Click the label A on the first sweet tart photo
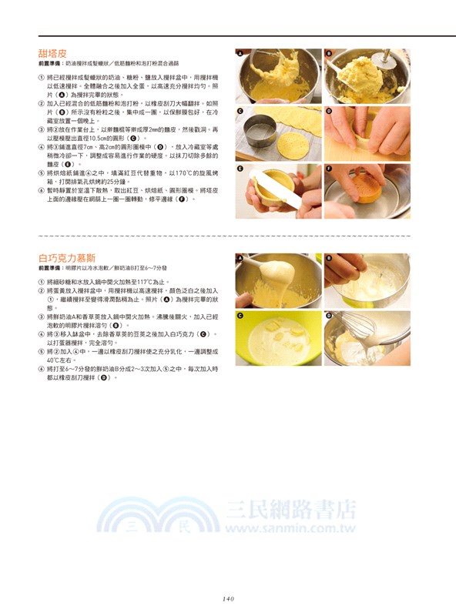coord(240,54)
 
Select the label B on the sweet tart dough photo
coord(328,54)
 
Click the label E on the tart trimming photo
coord(240,168)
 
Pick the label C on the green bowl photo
coord(240,316)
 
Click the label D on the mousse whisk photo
coord(328,316)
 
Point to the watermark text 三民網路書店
coord(293,510)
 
